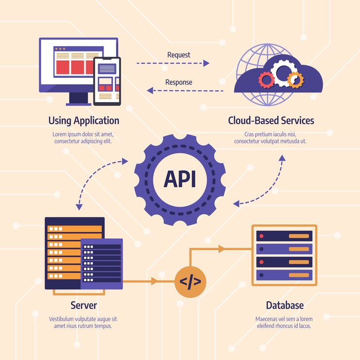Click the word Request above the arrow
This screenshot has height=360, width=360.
[179, 55]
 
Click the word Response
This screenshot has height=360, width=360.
[179, 82]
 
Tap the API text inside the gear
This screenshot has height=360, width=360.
[180, 179]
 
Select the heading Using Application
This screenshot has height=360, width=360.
[84, 121]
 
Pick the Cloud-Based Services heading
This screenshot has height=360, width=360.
[271, 121]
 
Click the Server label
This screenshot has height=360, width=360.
[84, 306]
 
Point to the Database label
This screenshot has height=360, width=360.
[285, 306]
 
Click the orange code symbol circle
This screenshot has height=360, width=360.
[190, 281]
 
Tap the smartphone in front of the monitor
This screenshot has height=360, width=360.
[107, 81]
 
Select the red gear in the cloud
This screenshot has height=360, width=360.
[266, 79]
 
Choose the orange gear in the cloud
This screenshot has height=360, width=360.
[295, 79]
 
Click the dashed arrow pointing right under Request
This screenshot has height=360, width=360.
[173, 63]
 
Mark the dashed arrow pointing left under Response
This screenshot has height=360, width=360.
[185, 90]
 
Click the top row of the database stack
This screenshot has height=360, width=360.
[284, 236]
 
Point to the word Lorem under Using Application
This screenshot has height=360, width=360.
[60, 134]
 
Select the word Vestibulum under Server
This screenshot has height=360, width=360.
[62, 319]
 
